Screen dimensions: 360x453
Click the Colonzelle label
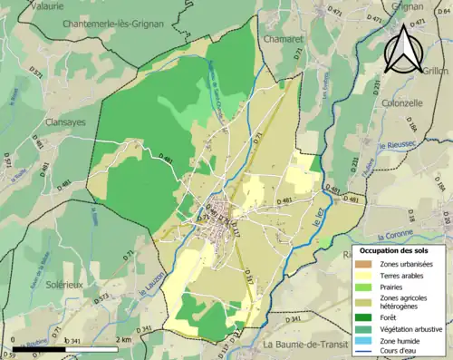pos(403,103)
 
